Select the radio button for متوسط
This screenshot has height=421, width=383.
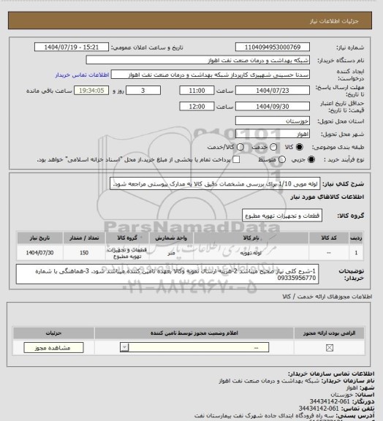coord(273,159)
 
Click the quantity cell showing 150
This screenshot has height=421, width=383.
coord(84,252)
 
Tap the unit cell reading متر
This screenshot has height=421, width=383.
coord(193,252)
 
